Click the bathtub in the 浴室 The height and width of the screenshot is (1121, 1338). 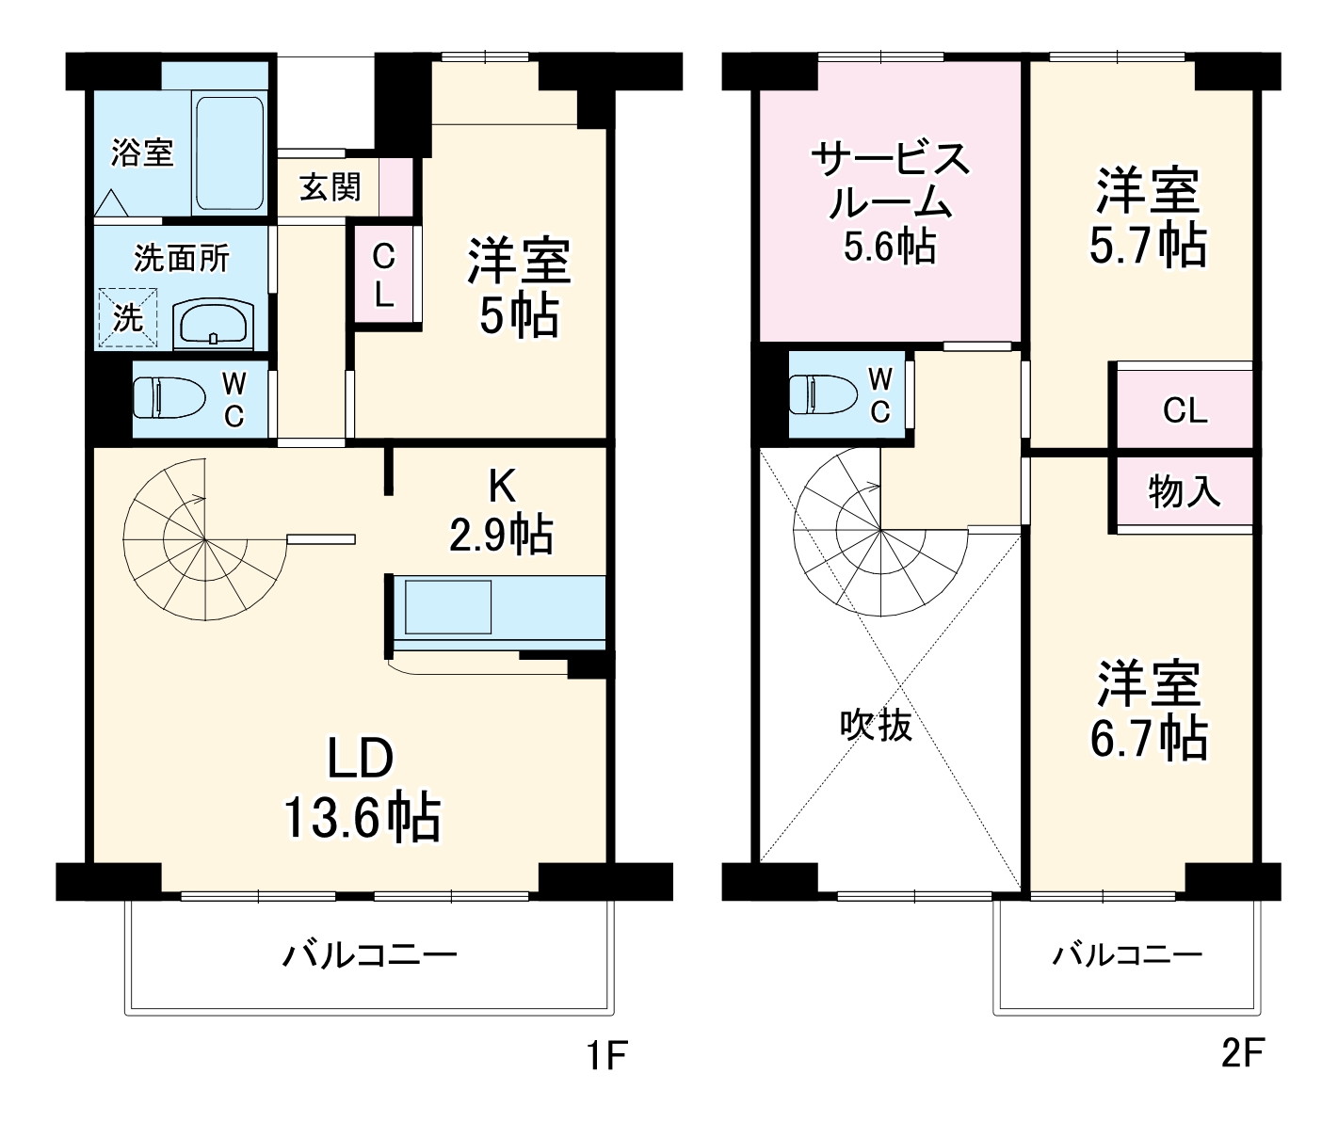pos(230,152)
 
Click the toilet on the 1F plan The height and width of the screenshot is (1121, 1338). pos(169,397)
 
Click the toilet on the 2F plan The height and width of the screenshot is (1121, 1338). pos(825,393)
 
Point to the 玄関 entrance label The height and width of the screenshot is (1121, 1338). pos(330,187)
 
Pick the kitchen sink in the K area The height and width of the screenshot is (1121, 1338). pos(448,607)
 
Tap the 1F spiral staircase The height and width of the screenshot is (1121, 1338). pos(204,540)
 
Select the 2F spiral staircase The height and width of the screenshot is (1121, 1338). pos(879,532)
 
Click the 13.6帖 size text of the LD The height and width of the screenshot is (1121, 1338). pos(362,818)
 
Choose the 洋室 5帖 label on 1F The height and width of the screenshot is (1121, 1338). pos(519,288)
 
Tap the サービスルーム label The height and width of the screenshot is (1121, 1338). pos(890,179)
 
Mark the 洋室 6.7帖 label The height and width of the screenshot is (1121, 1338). pos(1149,711)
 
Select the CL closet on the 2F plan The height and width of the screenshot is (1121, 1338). pos(1185,410)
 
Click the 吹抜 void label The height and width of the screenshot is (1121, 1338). pos(876,725)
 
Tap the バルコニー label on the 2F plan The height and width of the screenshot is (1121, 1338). pos(1127,955)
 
